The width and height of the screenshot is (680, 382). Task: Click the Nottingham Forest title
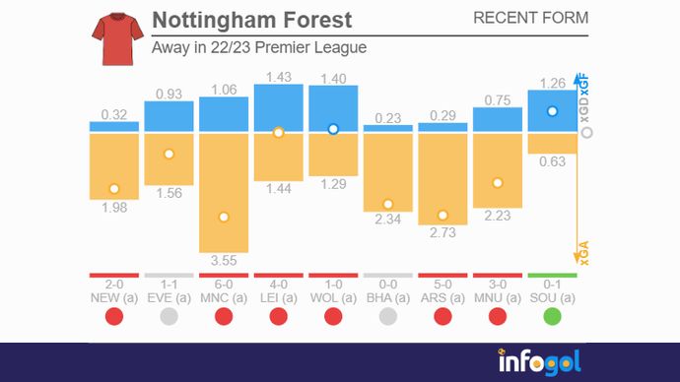coord(251,21)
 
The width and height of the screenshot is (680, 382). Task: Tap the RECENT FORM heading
coord(530,18)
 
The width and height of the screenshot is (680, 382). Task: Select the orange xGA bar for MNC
coord(224,192)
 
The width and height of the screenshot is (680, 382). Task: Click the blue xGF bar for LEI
coord(278,108)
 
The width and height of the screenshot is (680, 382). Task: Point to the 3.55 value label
coord(224,261)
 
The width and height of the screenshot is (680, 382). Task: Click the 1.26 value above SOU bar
coord(552,82)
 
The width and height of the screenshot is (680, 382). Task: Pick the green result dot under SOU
coord(552,316)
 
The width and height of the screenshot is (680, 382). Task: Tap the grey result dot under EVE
coord(169,316)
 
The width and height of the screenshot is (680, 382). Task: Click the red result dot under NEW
coord(114,316)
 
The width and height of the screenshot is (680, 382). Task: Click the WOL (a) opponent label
coord(333,296)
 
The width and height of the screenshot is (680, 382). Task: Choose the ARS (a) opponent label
coord(442,296)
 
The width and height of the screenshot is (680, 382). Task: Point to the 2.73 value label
coord(442,232)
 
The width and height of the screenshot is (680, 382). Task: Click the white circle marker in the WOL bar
coord(333,129)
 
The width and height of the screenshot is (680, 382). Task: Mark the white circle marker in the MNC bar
coord(224,217)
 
